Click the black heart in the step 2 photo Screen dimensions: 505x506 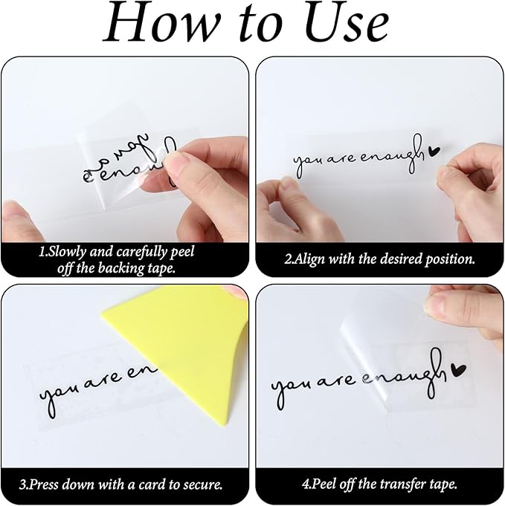tap(434, 151)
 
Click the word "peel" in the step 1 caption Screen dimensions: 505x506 tap(182, 252)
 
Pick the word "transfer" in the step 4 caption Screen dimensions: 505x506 tap(399, 484)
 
